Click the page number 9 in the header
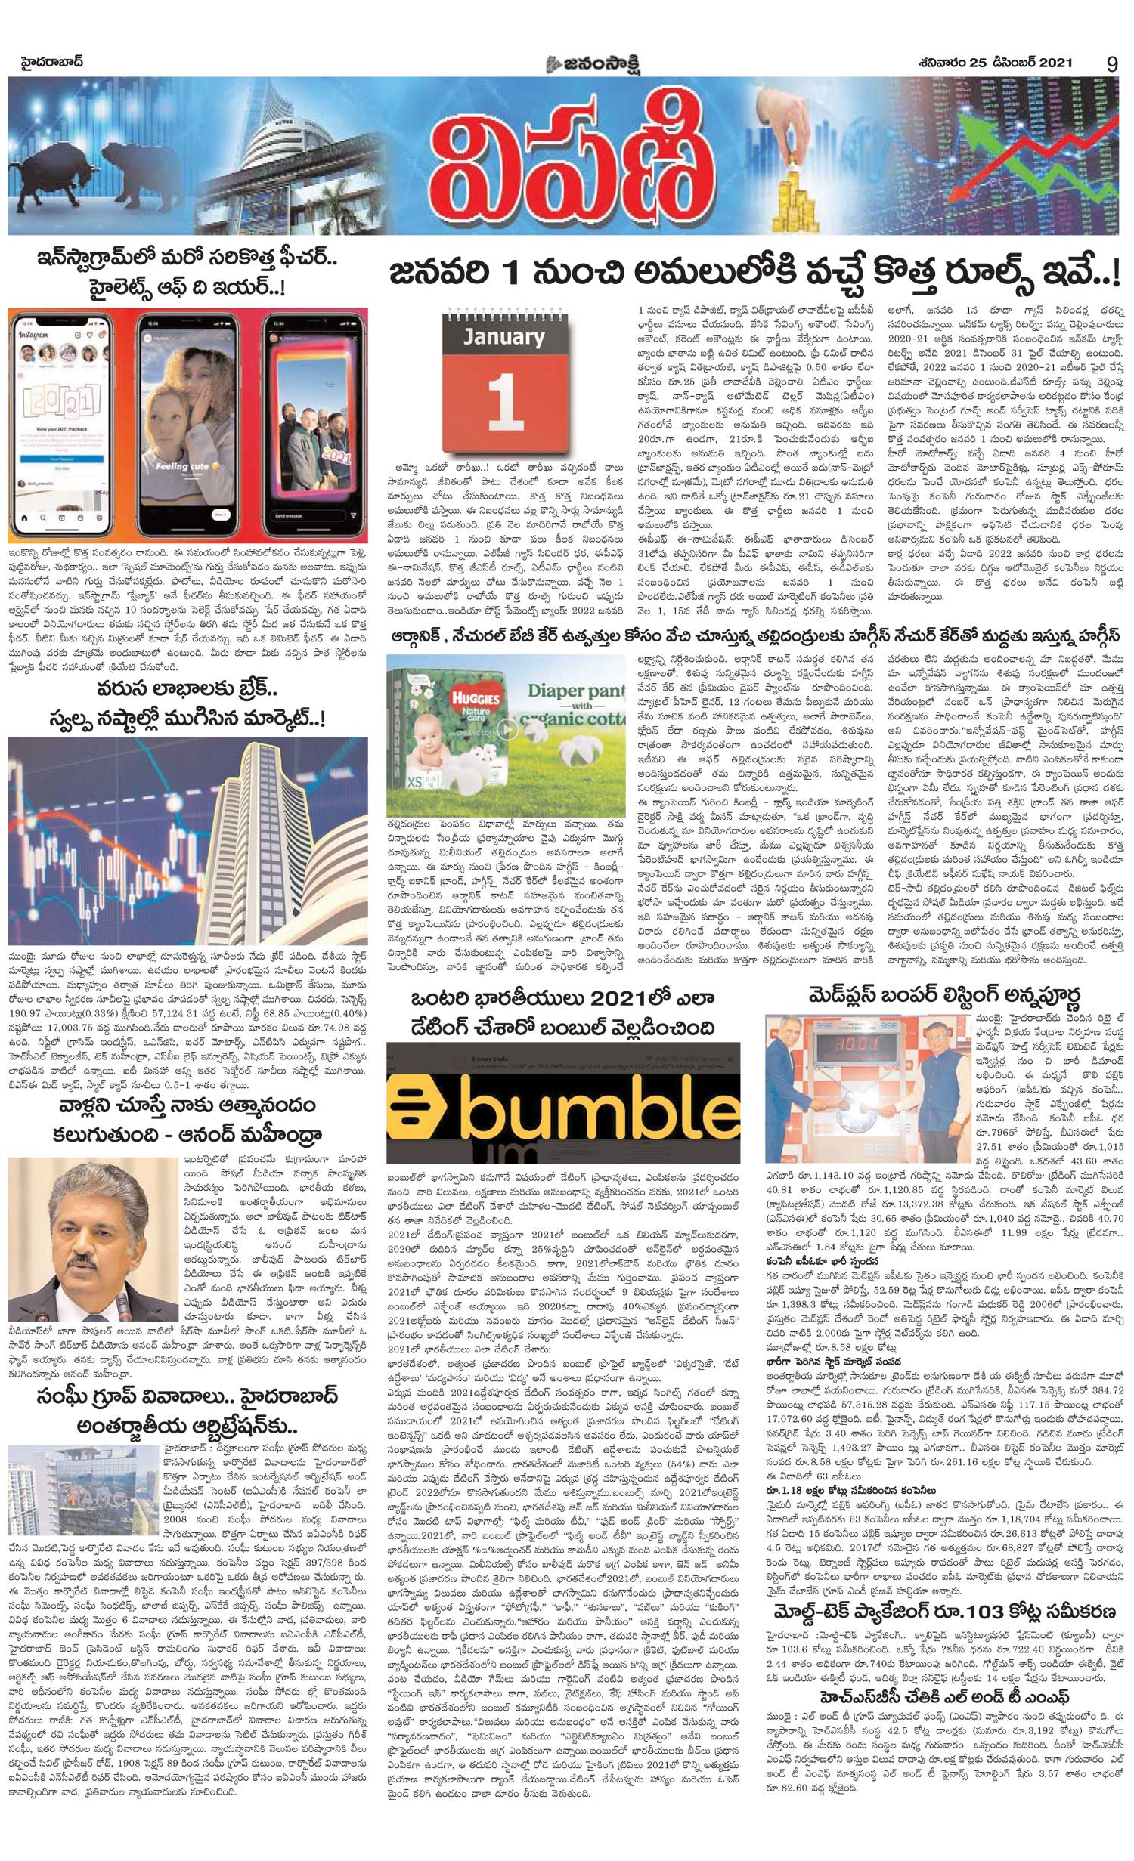pos(1111,64)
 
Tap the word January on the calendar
pos(504,336)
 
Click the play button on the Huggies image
pos(509,730)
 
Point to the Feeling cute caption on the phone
pos(181,466)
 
